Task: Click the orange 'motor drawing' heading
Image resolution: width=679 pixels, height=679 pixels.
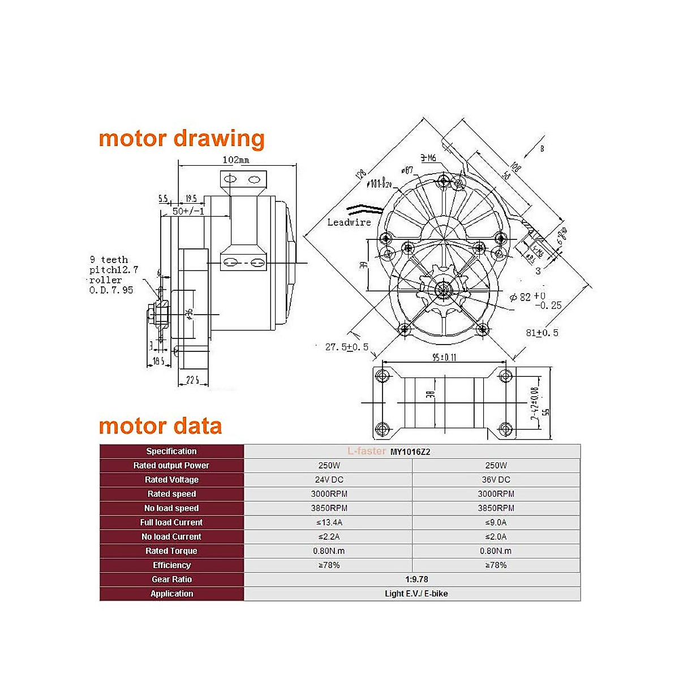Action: click(181, 139)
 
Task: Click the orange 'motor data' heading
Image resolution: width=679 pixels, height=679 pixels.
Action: click(160, 426)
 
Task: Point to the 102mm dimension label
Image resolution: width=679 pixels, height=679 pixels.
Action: click(236, 160)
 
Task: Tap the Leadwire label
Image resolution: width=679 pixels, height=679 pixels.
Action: click(349, 222)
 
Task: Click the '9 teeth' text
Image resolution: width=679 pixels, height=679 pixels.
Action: click(109, 260)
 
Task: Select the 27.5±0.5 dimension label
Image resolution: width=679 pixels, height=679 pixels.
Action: click(346, 347)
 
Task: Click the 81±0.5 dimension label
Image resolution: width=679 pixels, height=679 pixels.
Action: click(542, 333)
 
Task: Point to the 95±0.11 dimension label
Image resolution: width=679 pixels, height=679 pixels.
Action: click(444, 357)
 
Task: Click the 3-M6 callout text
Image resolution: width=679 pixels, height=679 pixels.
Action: click(428, 158)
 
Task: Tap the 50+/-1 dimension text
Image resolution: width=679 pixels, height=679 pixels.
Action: click(188, 211)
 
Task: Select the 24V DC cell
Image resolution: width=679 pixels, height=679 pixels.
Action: click(329, 480)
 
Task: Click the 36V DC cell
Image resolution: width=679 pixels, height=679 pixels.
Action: click(496, 480)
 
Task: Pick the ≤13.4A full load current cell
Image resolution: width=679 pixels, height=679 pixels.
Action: click(329, 522)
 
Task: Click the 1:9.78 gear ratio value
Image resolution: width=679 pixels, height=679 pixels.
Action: click(416, 579)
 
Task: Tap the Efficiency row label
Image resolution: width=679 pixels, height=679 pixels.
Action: click(171, 565)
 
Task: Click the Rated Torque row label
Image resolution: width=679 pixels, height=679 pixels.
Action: click(171, 551)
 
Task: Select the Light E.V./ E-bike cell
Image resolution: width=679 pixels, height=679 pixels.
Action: click(416, 594)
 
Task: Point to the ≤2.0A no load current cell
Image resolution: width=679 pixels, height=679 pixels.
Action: click(496, 536)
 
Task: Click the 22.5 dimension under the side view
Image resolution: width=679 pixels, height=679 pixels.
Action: click(193, 380)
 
